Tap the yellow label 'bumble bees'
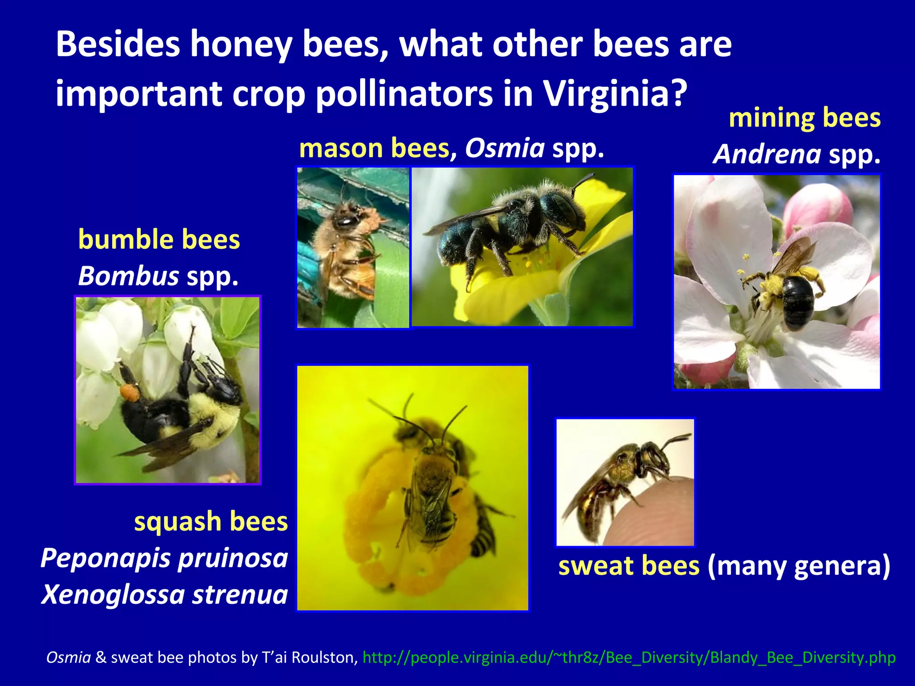click(159, 239)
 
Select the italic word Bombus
click(129, 276)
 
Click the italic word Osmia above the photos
click(505, 148)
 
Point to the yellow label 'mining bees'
click(805, 118)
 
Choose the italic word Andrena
click(767, 155)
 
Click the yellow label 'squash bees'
click(211, 521)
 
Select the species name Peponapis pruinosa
click(164, 558)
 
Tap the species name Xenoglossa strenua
click(164, 594)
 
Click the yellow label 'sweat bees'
click(629, 565)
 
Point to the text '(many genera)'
click(799, 565)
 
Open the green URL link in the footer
click(629, 657)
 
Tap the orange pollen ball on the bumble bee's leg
click(129, 392)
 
